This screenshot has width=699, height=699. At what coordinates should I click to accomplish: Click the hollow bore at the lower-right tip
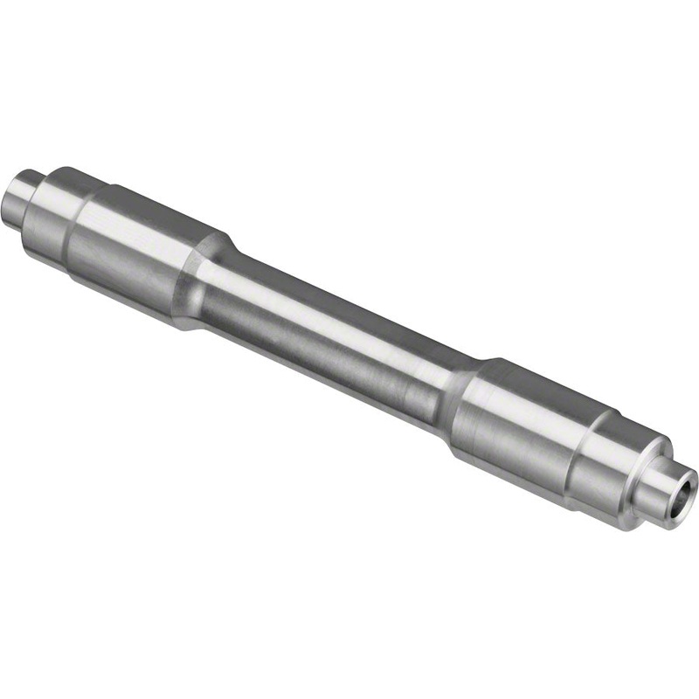click(x=682, y=486)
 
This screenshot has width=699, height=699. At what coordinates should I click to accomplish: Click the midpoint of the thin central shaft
click(x=336, y=336)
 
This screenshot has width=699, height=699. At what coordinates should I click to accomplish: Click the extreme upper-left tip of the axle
click(x=10, y=197)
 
